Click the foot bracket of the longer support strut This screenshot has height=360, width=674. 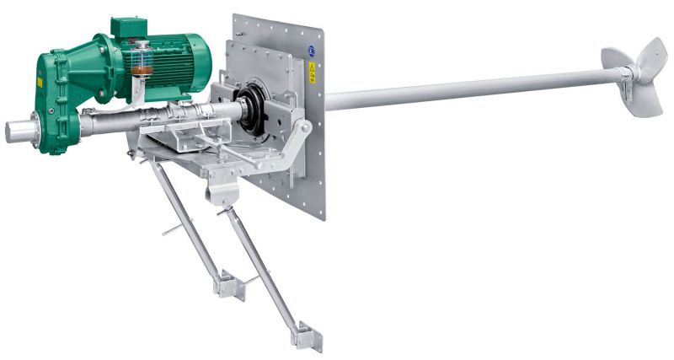(305, 336)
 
